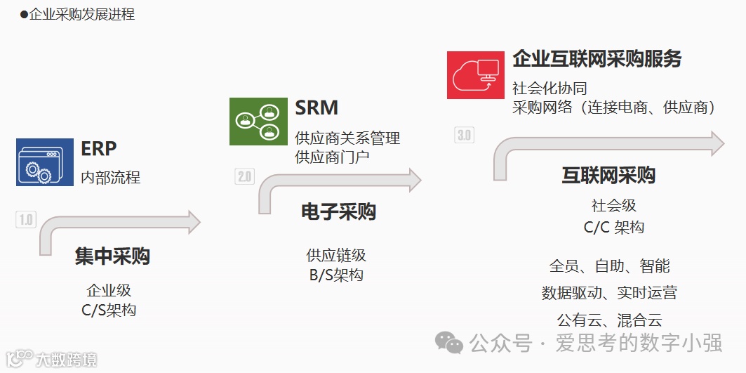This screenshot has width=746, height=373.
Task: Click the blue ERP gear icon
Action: (x=45, y=162)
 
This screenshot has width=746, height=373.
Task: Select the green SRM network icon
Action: (x=258, y=122)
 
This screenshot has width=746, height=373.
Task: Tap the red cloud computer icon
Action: (x=475, y=74)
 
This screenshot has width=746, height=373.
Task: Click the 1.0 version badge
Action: (x=25, y=219)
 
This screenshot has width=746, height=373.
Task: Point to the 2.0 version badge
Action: (x=244, y=176)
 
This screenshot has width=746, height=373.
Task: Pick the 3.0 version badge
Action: (x=464, y=135)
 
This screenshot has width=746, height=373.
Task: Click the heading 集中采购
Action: (x=112, y=256)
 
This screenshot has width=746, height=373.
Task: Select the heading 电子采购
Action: (x=338, y=211)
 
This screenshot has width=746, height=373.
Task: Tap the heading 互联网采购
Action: (x=608, y=175)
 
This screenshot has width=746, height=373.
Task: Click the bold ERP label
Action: (x=99, y=149)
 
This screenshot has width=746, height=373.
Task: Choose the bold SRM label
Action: (x=317, y=107)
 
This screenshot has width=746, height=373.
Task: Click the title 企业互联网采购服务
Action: (x=597, y=59)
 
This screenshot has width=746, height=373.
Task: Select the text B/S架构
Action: (x=336, y=275)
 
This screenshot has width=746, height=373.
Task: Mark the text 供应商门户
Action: (x=332, y=157)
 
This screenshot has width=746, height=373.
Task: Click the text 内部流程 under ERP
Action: (x=111, y=177)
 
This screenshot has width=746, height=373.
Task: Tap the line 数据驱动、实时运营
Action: (x=609, y=293)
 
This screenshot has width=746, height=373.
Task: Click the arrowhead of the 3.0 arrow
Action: (x=715, y=143)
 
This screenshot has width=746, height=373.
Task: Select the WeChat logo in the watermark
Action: (x=449, y=343)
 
